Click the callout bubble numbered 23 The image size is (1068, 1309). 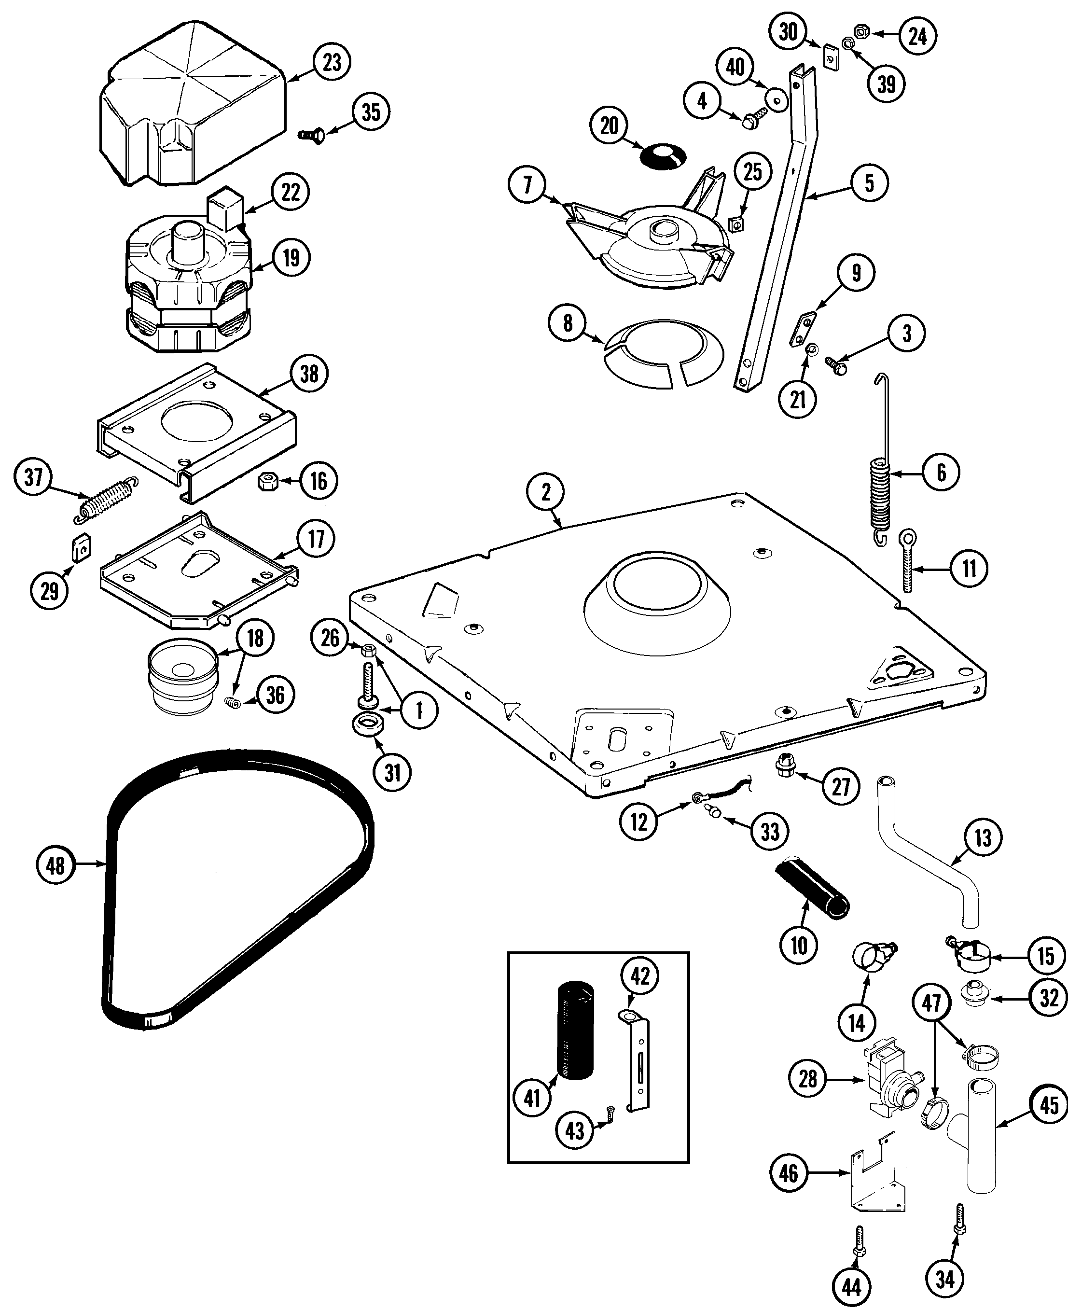pos(332,62)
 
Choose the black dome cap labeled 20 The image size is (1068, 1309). pos(663,157)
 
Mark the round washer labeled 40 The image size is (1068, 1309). pos(777,98)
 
